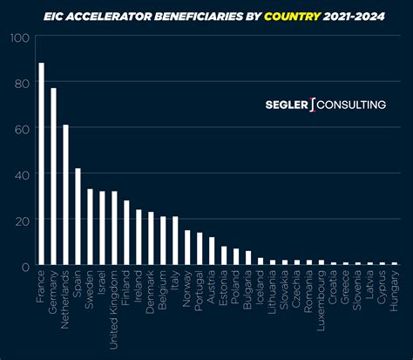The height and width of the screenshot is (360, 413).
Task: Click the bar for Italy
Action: pos(175,241)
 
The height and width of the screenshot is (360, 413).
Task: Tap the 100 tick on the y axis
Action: pos(20,38)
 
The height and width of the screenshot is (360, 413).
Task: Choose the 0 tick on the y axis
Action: pos(26,266)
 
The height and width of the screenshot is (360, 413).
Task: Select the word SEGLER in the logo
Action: pos(287,105)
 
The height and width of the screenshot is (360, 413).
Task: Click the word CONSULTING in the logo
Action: pos(351,105)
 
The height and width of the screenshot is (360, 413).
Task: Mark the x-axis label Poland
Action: pos(236,287)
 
